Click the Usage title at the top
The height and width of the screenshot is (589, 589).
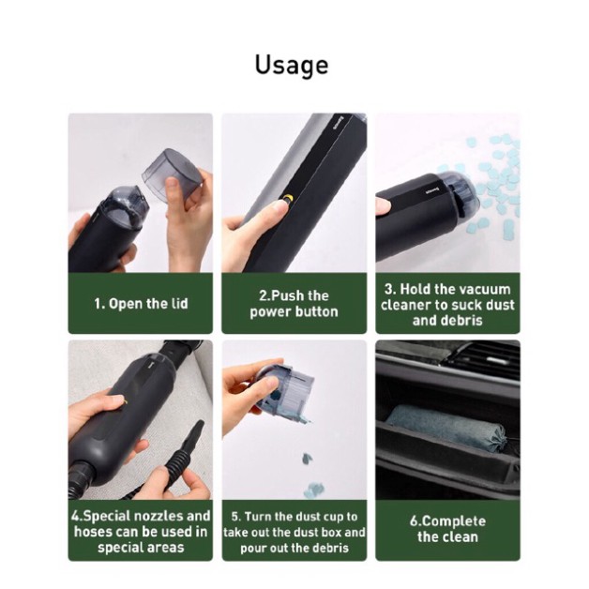(292, 66)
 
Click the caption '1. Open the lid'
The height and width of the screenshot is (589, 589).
(140, 303)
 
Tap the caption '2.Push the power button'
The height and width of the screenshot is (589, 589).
(294, 303)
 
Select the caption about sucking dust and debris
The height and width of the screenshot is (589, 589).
(448, 304)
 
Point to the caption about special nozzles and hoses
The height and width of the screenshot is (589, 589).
(140, 531)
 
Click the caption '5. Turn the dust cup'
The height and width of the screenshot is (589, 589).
(294, 531)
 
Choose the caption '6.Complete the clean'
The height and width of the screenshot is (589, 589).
(448, 529)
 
